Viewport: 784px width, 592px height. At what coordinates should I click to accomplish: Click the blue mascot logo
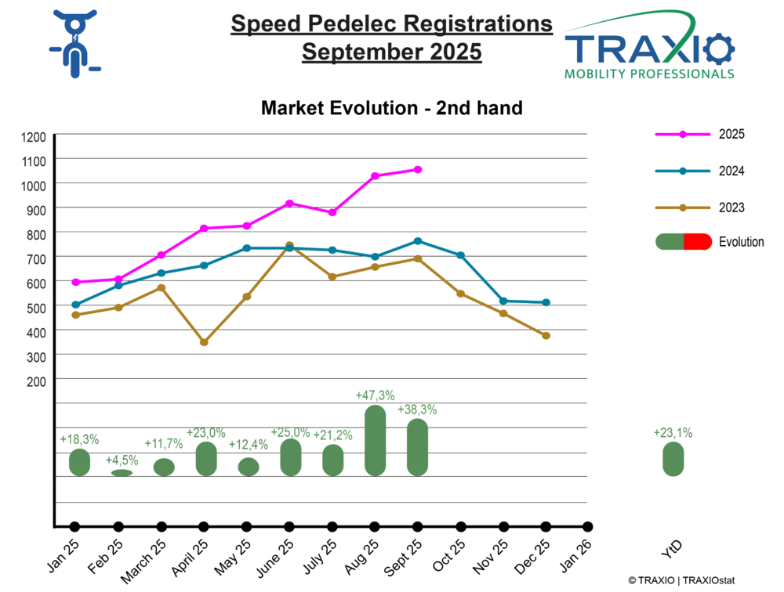tap(74, 43)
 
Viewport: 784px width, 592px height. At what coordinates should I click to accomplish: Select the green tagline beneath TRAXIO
tap(650, 76)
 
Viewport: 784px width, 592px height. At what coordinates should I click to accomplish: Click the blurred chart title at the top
tap(392, 39)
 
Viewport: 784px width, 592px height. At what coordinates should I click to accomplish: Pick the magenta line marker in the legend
tap(683, 135)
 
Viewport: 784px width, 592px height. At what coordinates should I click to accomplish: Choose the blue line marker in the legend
tap(683, 171)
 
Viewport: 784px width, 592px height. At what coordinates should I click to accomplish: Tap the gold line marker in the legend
tap(683, 208)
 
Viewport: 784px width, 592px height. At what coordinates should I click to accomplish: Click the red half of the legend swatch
tap(699, 241)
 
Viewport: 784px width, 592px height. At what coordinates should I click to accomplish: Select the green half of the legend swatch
tap(667, 241)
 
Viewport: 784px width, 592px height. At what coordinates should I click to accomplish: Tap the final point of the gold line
tap(546, 337)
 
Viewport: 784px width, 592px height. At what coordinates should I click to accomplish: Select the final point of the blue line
tap(546, 301)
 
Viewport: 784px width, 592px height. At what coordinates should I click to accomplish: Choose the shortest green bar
tap(120, 468)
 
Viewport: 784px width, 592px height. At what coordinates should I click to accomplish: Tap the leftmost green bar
tap(77, 459)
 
